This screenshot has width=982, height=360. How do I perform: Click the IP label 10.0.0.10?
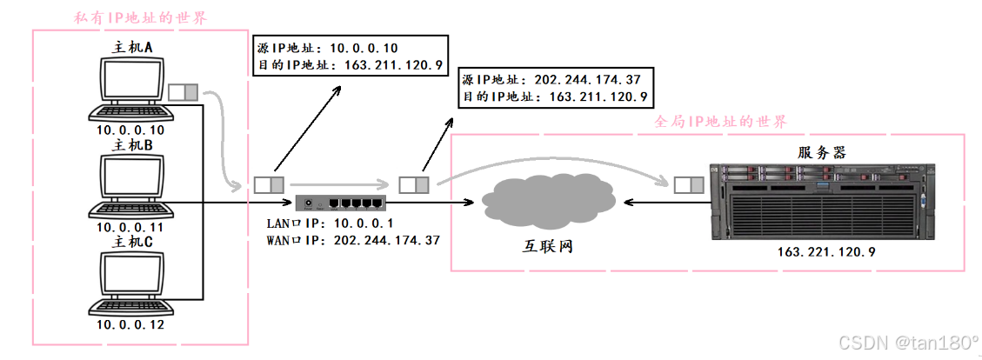130,130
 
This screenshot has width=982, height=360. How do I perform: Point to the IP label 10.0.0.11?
130,227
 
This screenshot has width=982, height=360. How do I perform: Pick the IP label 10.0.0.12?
130,324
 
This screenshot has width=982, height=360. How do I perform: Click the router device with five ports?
339,203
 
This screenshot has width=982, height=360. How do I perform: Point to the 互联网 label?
543,247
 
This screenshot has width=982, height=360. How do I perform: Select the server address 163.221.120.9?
825,252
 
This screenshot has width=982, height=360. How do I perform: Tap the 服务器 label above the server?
822,153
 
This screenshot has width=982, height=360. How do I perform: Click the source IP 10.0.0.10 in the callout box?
364,48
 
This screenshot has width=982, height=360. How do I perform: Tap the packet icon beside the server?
689,183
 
